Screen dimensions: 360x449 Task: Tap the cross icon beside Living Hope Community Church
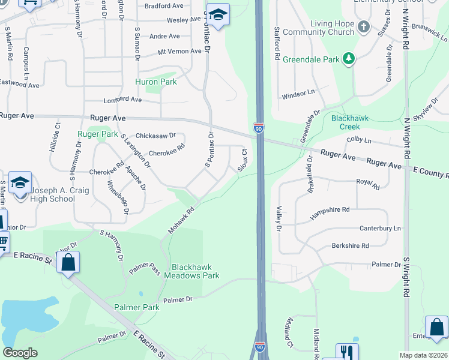(x=363, y=26)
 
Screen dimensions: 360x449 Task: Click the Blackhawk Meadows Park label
(x=196, y=271)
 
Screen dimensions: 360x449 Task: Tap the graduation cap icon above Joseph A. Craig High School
(x=20, y=182)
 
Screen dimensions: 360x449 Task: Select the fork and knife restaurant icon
(x=346, y=352)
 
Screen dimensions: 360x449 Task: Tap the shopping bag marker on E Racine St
(x=68, y=262)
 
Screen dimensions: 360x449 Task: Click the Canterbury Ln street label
(x=380, y=229)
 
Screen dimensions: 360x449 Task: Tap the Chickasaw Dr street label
(x=155, y=136)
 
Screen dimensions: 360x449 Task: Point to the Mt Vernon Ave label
(x=179, y=52)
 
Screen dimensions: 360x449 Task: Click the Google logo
(x=20, y=353)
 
